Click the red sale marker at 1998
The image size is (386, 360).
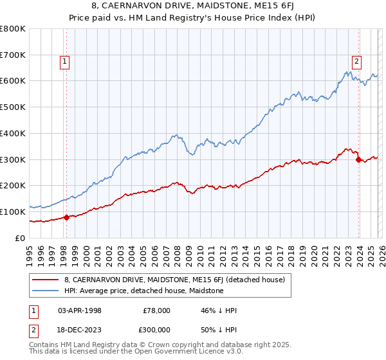(x=66, y=217)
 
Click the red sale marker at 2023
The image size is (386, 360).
(x=358, y=159)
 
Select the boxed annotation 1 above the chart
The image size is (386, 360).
(x=66, y=62)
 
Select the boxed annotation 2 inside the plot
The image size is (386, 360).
(x=356, y=62)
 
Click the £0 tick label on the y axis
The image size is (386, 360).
(x=21, y=238)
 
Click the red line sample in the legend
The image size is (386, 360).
(x=46, y=280)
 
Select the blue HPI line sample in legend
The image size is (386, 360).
(x=46, y=291)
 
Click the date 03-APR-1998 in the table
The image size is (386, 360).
(x=80, y=310)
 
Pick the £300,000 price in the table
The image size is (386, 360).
(x=156, y=330)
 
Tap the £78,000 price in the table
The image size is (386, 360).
(x=156, y=310)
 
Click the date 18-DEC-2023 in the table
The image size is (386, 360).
(x=80, y=330)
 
